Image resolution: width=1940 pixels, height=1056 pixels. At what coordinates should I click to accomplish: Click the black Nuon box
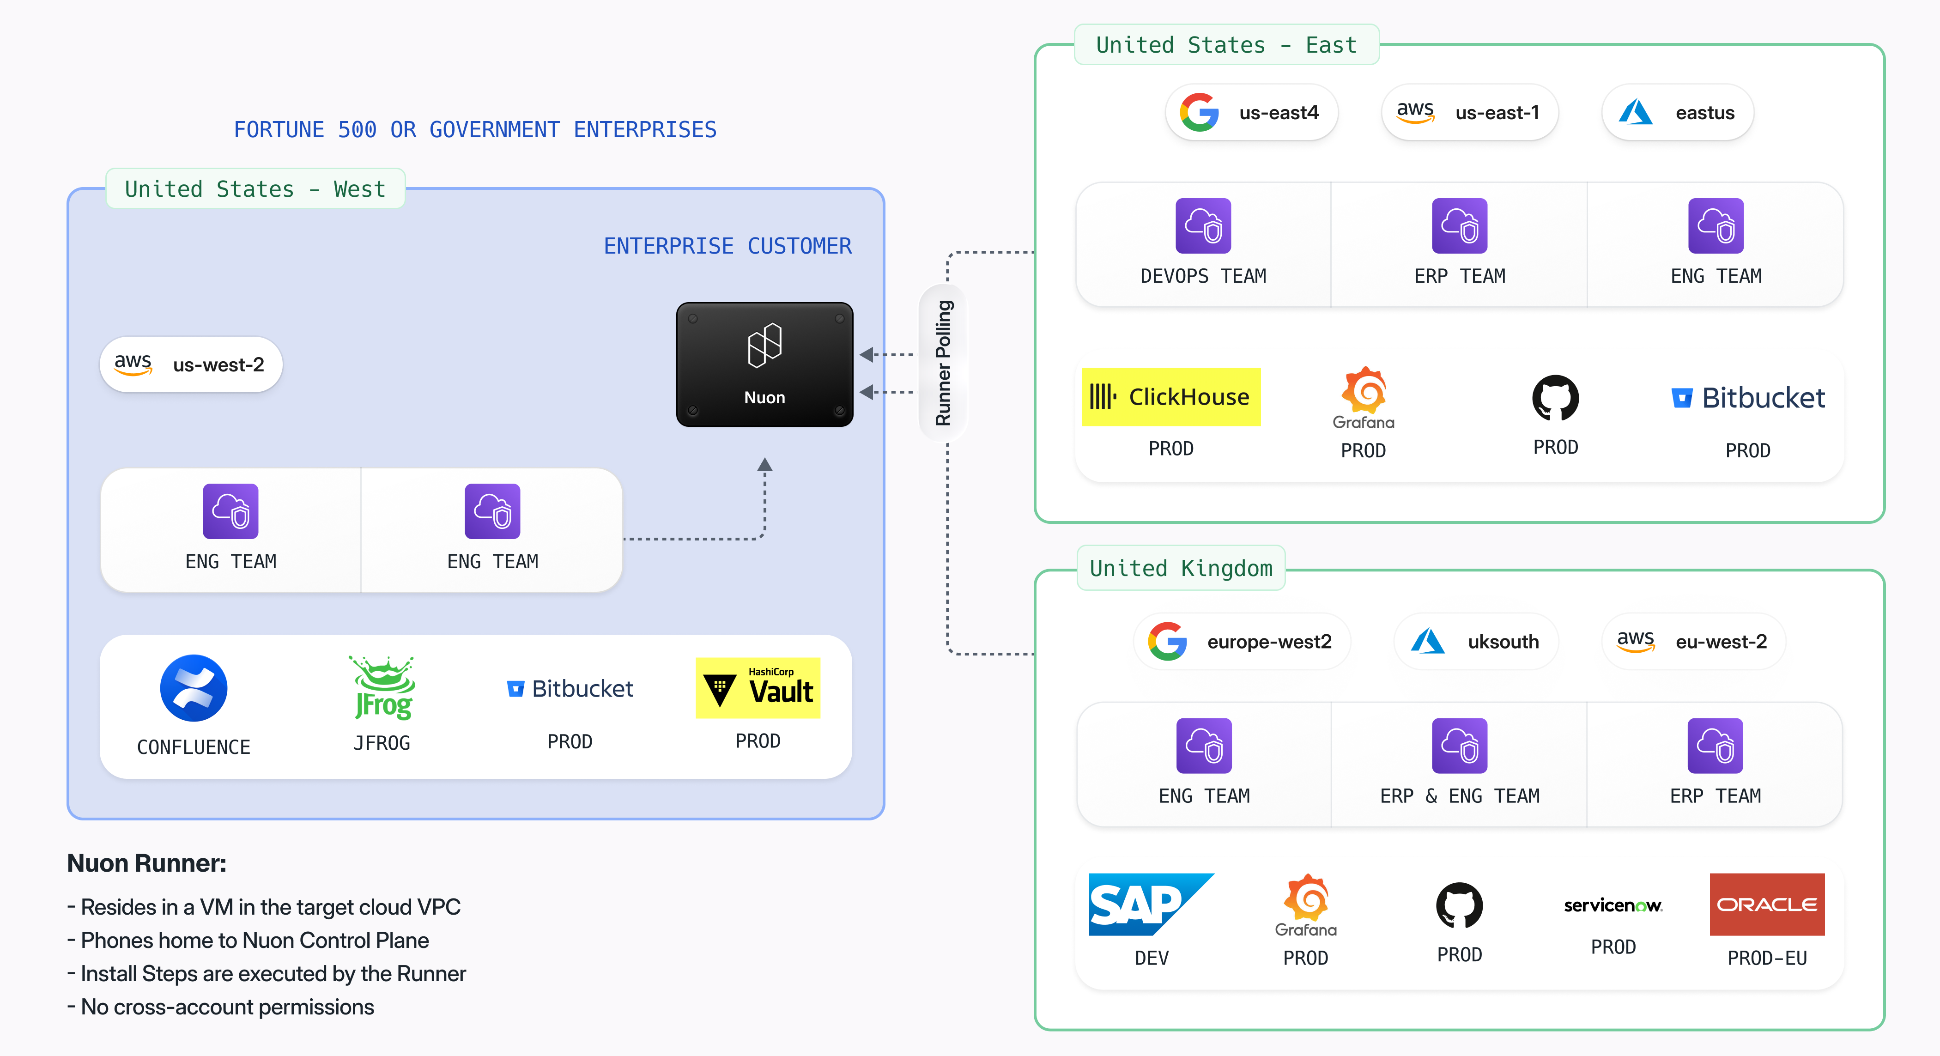[764, 364]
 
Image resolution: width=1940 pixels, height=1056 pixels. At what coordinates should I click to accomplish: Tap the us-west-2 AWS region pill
[190, 364]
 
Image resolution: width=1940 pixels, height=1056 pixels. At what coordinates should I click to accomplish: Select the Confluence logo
[194, 688]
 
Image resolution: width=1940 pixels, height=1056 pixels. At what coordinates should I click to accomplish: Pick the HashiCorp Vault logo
[758, 688]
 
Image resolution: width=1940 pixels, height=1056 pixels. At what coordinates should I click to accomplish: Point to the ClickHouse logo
[1170, 397]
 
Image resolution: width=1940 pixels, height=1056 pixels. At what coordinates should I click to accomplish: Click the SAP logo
[1150, 904]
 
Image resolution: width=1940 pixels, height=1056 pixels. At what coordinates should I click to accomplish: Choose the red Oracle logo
[1767, 904]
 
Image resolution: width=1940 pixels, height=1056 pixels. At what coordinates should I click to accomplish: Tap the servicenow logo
[1613, 905]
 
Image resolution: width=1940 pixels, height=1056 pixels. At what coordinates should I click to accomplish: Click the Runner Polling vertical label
[943, 363]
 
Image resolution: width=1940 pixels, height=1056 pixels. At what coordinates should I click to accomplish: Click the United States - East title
[1225, 45]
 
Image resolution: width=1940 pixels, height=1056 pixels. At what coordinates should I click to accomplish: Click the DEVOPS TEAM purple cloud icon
[1203, 226]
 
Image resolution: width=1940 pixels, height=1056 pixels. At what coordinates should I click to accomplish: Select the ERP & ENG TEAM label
[1459, 796]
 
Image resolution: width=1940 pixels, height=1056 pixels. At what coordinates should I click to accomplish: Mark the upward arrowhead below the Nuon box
[764, 465]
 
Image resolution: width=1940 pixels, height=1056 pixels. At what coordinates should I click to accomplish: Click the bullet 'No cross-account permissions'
[227, 1007]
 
